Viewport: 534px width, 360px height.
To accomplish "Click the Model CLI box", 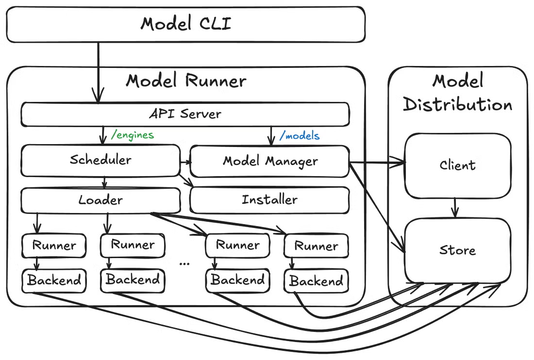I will [x=185, y=24].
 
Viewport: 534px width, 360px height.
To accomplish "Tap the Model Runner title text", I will [x=186, y=81].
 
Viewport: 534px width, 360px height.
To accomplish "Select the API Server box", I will [x=184, y=114].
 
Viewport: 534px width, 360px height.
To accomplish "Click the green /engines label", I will [x=132, y=135].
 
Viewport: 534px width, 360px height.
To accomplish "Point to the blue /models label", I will [x=300, y=135].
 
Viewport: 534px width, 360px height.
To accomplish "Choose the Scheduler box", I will [x=100, y=160].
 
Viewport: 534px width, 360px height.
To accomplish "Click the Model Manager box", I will [x=270, y=161].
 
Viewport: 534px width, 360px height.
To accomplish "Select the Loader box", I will [x=100, y=199].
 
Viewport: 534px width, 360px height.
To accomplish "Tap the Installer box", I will [x=269, y=199].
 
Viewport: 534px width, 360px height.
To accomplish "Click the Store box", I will [x=457, y=250].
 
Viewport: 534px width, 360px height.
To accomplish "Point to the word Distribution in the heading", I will [x=457, y=104].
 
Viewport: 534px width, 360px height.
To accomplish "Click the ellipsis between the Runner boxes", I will [x=184, y=262].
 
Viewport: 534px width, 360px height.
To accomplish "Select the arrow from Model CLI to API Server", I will [x=99, y=73].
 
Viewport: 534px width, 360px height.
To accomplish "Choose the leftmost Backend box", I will [x=54, y=280].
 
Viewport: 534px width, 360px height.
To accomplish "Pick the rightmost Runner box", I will [x=316, y=246].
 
